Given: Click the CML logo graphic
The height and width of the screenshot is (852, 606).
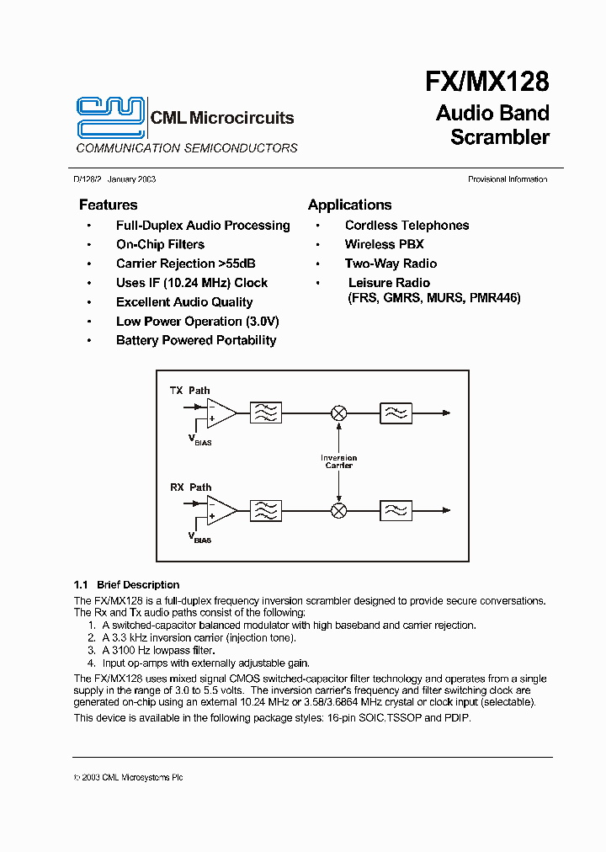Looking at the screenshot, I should tap(111, 117).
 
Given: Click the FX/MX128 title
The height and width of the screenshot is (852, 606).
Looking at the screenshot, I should tap(486, 82).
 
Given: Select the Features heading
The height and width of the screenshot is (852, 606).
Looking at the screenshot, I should tap(108, 205).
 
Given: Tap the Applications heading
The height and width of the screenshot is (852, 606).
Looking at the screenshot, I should tap(349, 205).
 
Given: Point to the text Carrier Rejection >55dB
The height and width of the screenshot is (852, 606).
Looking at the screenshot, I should tap(185, 264).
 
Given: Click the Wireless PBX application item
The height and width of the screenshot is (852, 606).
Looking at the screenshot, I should tap(384, 244).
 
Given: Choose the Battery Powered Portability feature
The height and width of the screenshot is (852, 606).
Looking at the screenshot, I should tap(195, 340).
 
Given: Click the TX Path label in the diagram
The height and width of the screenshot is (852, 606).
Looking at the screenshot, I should tap(189, 391).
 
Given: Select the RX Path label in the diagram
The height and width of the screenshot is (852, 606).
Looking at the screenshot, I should tap(190, 487).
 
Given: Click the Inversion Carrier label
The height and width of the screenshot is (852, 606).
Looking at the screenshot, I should tap(338, 461).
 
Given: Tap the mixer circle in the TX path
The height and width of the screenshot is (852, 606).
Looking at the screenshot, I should tap(338, 413).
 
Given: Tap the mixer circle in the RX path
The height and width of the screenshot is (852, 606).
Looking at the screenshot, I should tap(338, 510).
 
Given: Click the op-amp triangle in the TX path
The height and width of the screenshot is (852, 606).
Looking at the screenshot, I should tap(221, 413).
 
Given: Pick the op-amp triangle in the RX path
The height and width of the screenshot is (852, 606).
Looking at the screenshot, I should tap(221, 510).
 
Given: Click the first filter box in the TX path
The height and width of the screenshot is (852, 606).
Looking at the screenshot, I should tap(267, 413).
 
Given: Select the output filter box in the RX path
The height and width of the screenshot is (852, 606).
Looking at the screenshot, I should tap(396, 510).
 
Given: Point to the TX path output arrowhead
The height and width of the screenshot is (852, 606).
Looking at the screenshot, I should tap(446, 413).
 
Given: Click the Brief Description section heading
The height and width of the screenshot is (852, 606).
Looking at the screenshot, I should tap(126, 584).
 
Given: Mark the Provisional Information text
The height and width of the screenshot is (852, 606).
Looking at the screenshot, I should tap(508, 179).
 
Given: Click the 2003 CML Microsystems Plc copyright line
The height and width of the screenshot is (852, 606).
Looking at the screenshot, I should tap(128, 777).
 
